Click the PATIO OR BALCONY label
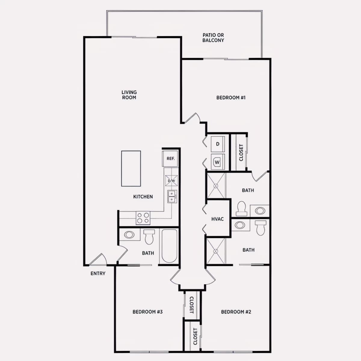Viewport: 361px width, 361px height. (x=213, y=38)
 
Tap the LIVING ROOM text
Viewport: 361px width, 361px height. (x=129, y=95)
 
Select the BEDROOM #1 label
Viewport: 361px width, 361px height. (x=231, y=97)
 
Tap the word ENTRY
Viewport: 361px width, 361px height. (x=98, y=273)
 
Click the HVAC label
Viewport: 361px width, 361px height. (x=218, y=219)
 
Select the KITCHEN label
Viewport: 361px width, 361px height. (x=143, y=197)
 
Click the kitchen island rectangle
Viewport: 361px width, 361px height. (x=131, y=168)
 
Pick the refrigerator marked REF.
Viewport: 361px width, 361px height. (x=170, y=159)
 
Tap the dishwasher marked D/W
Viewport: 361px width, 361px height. (x=171, y=180)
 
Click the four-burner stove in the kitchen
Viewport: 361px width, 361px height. (x=143, y=218)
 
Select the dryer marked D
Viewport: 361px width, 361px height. (x=218, y=144)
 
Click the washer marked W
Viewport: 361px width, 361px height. (x=218, y=162)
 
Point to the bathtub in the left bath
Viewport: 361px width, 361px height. (x=169, y=246)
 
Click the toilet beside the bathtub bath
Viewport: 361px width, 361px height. (x=149, y=237)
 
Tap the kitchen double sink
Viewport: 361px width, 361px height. (x=172, y=196)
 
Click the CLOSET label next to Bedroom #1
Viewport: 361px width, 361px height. (x=241, y=153)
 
